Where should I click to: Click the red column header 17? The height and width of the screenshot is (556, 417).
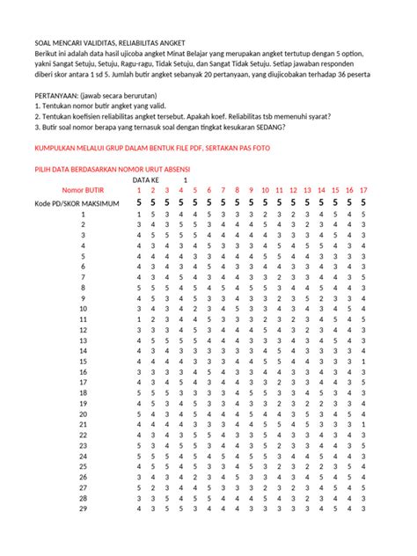pos(363,190)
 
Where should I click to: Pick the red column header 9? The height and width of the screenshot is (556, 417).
pos(252,190)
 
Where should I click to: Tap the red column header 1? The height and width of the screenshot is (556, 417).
pos(139,190)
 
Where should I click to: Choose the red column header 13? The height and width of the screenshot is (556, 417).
pos(307,190)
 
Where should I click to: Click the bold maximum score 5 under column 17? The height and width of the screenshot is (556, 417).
pos(363,203)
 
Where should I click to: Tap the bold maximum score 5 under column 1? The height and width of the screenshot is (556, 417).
pos(139,203)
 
